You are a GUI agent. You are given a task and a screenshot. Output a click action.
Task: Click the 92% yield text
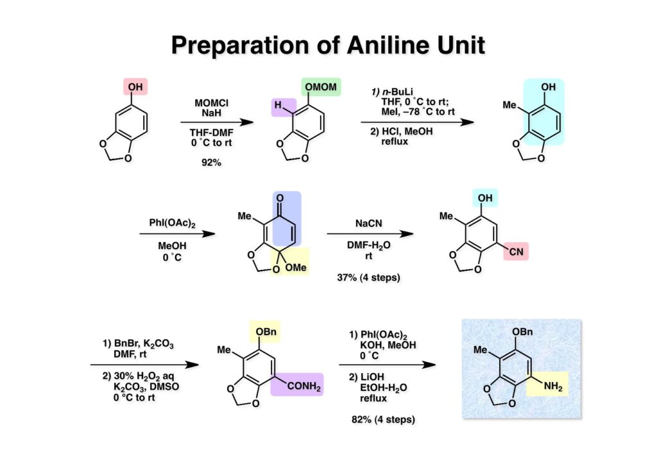click(211, 163)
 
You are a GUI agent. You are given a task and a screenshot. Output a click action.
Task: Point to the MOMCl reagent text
click(211, 101)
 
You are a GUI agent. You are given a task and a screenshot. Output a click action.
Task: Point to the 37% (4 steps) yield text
click(368, 278)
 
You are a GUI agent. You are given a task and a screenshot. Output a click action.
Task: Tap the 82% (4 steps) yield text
click(383, 420)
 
